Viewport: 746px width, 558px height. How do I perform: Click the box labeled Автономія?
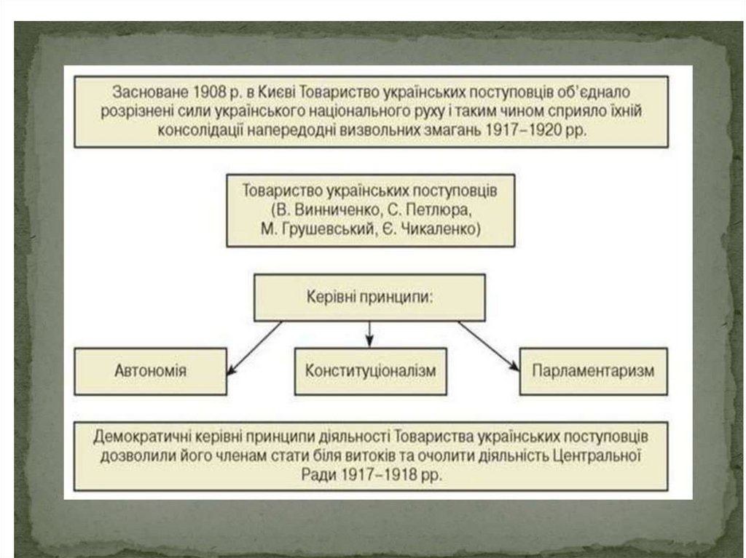pos(150,370)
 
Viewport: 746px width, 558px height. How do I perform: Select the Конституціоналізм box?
pos(370,370)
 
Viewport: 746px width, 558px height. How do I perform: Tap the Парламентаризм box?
pos(593,370)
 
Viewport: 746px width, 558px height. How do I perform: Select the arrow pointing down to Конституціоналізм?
pos(369,334)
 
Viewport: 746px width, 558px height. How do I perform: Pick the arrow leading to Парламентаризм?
pos(488,346)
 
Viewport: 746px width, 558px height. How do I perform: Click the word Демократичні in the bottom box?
pos(138,437)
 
